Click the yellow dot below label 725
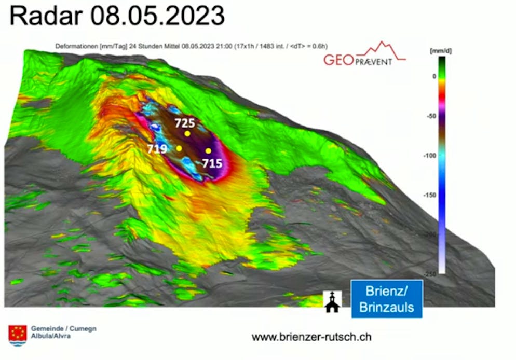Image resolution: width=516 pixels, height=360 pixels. (187, 133)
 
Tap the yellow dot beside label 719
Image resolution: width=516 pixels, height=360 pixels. (179, 148)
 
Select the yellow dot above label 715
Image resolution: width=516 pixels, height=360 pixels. (208, 151)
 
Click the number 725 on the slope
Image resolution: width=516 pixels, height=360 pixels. (184, 123)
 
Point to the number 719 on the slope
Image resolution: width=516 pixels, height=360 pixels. (157, 149)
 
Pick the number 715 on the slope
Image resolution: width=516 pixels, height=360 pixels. (212, 163)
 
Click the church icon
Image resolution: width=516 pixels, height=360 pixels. (332, 301)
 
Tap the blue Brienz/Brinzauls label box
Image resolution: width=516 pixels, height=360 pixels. (387, 299)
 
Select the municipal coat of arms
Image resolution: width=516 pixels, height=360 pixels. (18, 334)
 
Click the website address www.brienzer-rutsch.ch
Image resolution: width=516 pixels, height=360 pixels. (311, 337)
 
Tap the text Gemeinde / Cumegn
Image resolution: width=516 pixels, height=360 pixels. (64, 328)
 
